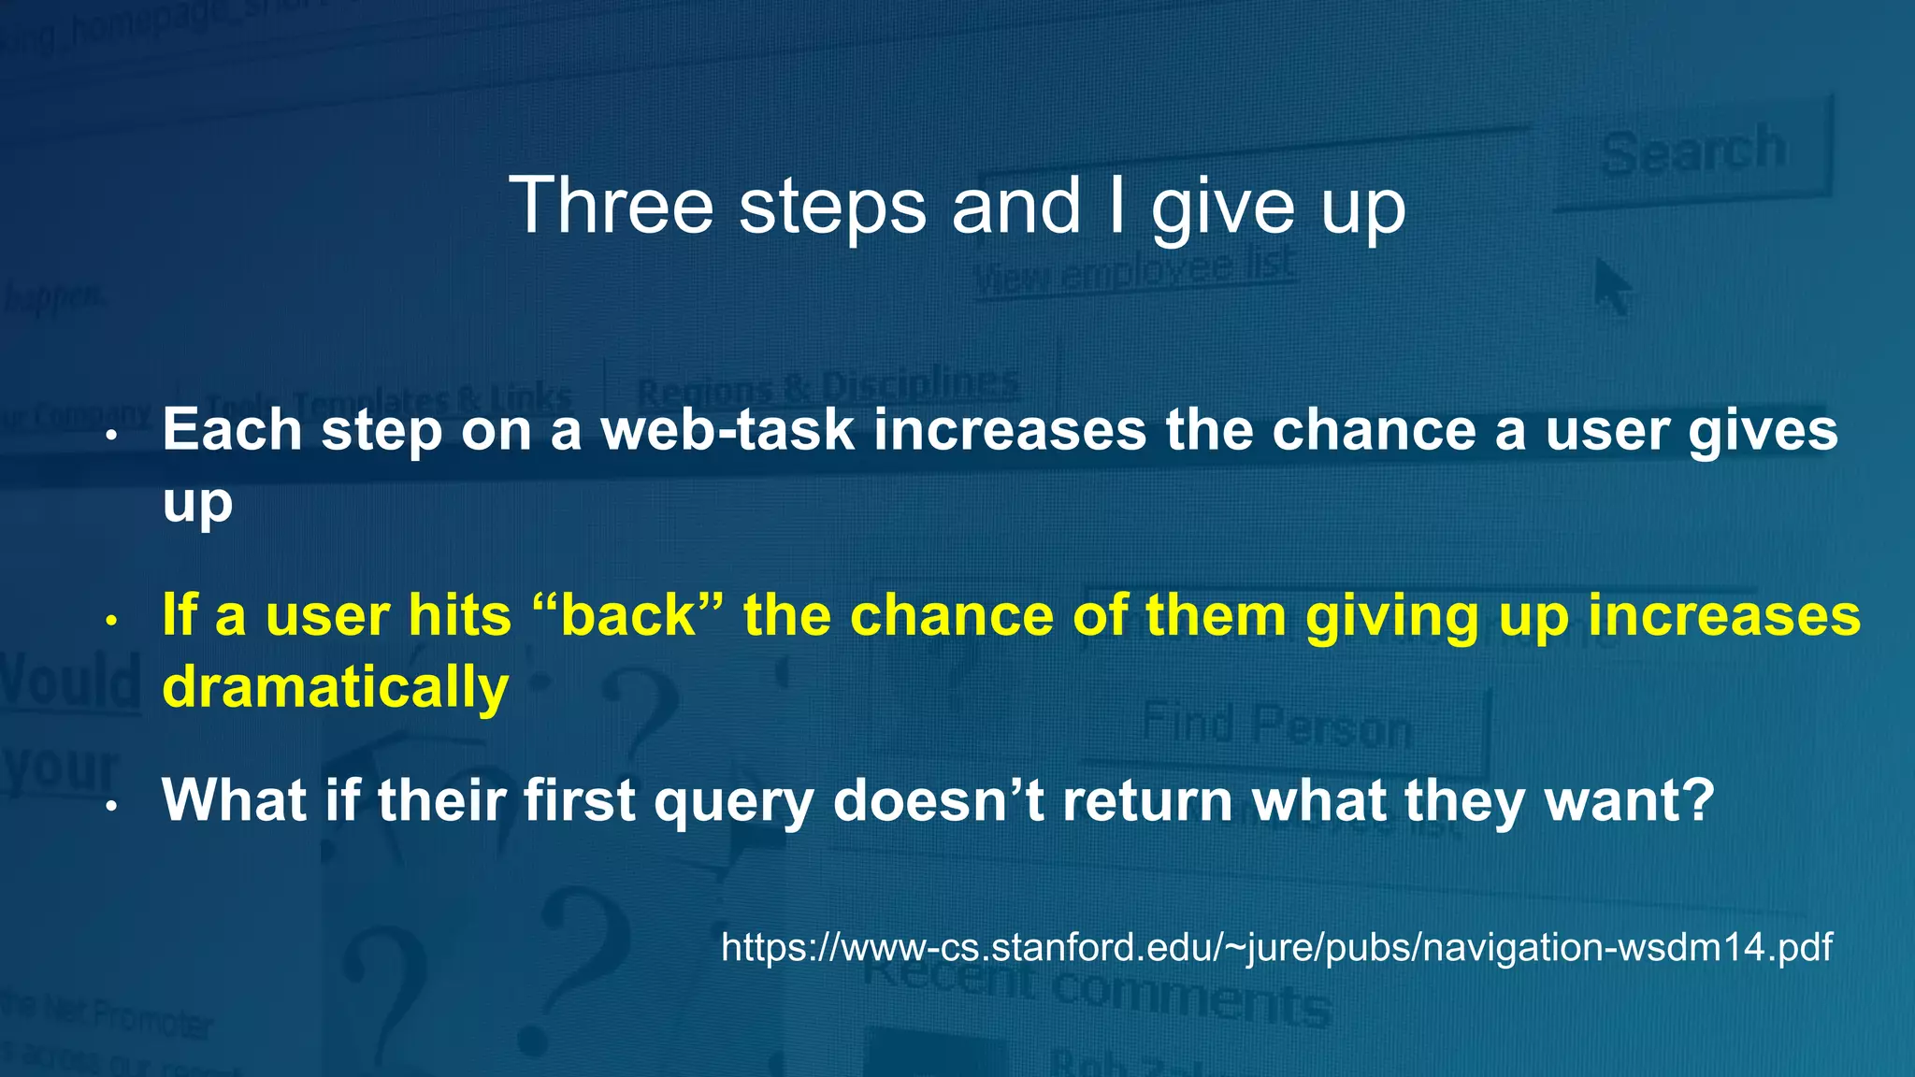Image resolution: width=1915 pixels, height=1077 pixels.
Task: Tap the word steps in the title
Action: pyautogui.click(x=832, y=206)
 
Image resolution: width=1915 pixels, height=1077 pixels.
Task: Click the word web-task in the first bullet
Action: pyautogui.click(x=727, y=430)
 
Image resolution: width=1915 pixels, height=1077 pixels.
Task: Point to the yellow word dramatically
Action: pyautogui.click(x=335, y=687)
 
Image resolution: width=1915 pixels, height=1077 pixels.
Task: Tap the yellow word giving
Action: pyautogui.click(x=1392, y=617)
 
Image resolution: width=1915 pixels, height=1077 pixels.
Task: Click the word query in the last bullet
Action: pyautogui.click(x=733, y=802)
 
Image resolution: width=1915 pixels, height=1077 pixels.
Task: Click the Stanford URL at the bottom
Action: pyautogui.click(x=1276, y=947)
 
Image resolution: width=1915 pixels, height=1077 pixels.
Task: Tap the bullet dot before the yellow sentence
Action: pyautogui.click(x=111, y=620)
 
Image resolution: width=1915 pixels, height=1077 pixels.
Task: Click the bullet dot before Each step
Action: pyautogui.click(x=111, y=435)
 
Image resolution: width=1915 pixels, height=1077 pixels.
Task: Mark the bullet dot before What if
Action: pyautogui.click(x=111, y=805)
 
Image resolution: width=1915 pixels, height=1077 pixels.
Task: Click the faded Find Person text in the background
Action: pyautogui.click(x=1276, y=725)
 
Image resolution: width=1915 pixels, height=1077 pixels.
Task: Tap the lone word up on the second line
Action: pyautogui.click(x=197, y=505)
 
